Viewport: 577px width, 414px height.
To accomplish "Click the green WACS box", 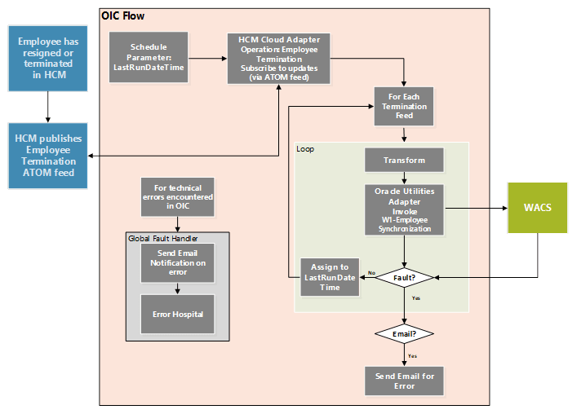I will click(x=537, y=207).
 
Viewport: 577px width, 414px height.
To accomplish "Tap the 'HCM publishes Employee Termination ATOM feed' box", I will click(x=48, y=156).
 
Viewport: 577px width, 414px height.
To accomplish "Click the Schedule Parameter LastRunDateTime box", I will click(x=149, y=57).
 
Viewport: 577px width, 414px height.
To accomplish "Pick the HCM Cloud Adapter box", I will click(x=278, y=57).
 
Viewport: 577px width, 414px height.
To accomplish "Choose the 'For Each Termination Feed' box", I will click(x=404, y=107).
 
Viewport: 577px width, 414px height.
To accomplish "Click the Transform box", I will click(x=404, y=161).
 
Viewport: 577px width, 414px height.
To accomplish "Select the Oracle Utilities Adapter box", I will click(x=404, y=210).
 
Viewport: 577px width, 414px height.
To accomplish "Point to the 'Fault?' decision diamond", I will click(x=405, y=278).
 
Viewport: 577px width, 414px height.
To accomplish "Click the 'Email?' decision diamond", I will click(x=404, y=333).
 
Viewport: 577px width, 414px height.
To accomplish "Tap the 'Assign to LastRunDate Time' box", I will click(x=329, y=277).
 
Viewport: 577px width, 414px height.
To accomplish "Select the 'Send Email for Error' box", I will click(x=405, y=381).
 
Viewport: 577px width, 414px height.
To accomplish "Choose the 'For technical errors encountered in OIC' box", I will click(x=177, y=196).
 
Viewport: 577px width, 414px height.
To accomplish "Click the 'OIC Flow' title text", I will click(x=123, y=15).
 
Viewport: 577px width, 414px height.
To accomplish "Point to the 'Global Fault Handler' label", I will click(x=163, y=238).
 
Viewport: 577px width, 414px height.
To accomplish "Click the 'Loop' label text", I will click(x=306, y=149).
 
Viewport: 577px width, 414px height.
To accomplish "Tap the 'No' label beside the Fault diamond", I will click(x=371, y=273).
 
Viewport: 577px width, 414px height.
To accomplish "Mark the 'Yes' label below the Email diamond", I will click(x=413, y=355).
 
